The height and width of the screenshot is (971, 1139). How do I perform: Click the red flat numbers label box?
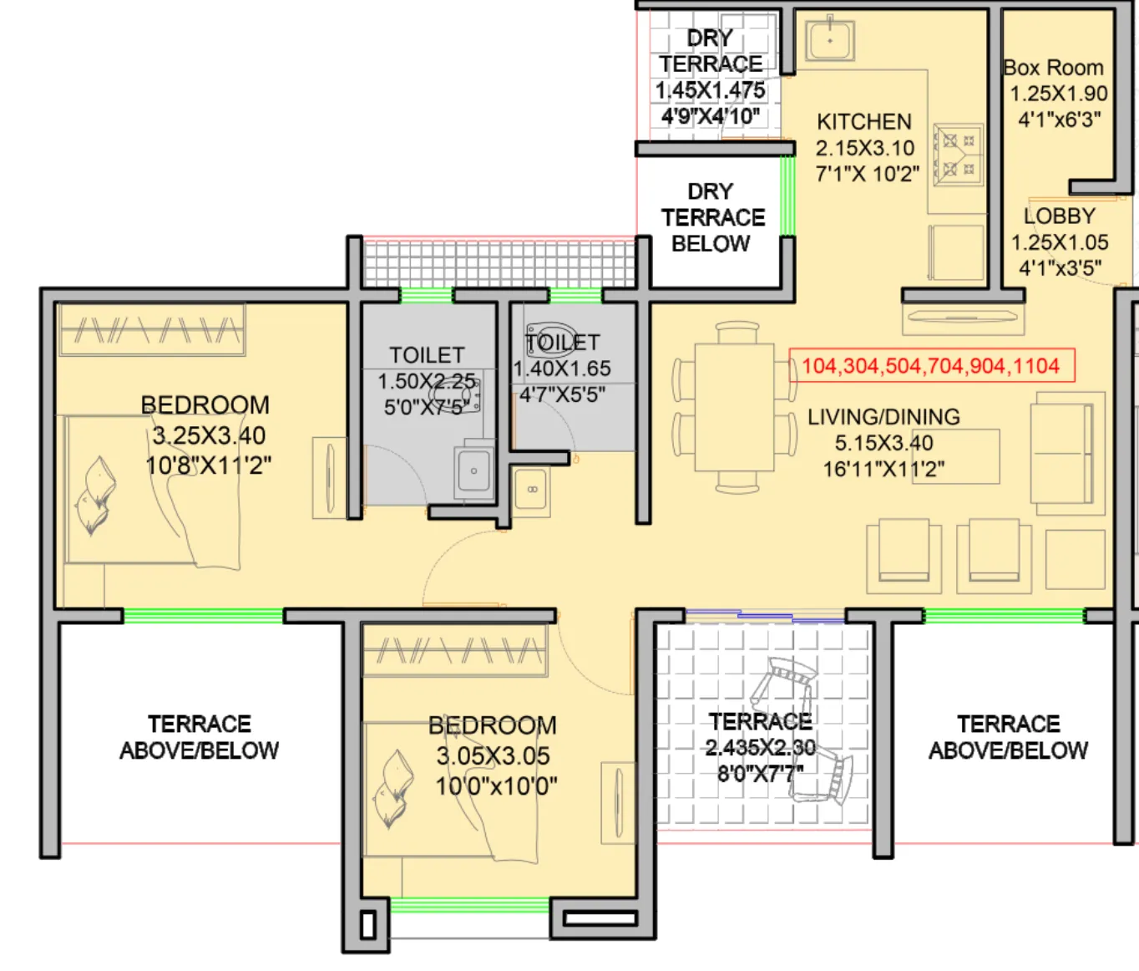tap(931, 365)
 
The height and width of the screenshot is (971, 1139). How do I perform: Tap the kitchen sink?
tap(829, 40)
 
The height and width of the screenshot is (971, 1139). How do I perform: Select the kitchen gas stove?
tap(959, 155)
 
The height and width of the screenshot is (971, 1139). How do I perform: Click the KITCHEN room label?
tap(864, 122)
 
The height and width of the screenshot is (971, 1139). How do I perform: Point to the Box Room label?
tap(1054, 68)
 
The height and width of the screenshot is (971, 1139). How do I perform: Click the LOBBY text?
tap(1059, 216)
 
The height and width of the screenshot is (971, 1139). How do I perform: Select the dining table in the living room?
tap(736, 407)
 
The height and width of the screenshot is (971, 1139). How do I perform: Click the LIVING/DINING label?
tap(883, 417)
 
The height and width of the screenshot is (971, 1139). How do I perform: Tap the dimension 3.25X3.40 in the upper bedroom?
tap(209, 435)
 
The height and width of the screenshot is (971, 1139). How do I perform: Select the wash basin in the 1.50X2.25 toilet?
tap(473, 472)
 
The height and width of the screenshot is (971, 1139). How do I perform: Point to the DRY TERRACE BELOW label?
tap(712, 217)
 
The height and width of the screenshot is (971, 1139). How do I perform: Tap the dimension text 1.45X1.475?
tap(710, 90)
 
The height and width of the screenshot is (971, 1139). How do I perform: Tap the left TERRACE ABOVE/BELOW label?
tap(199, 737)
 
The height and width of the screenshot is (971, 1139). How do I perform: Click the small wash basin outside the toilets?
tap(532, 490)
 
